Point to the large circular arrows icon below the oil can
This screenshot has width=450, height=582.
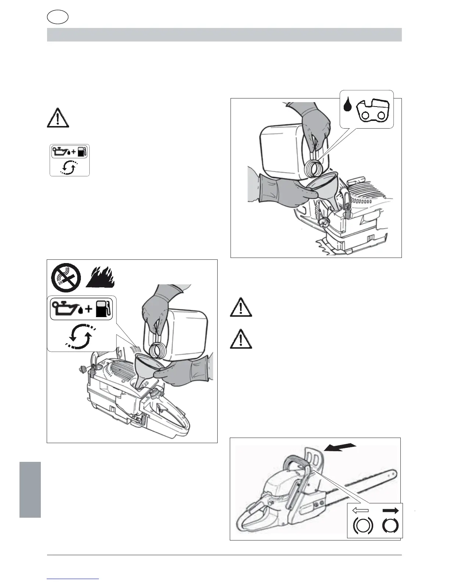[81, 336]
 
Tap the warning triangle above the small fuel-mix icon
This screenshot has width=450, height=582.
[58, 119]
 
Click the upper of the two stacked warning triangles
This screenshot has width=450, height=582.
[241, 308]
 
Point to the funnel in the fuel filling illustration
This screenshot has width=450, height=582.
[146, 369]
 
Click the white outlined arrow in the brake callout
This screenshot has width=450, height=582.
[360, 510]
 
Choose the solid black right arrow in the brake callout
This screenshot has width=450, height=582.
[390, 510]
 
